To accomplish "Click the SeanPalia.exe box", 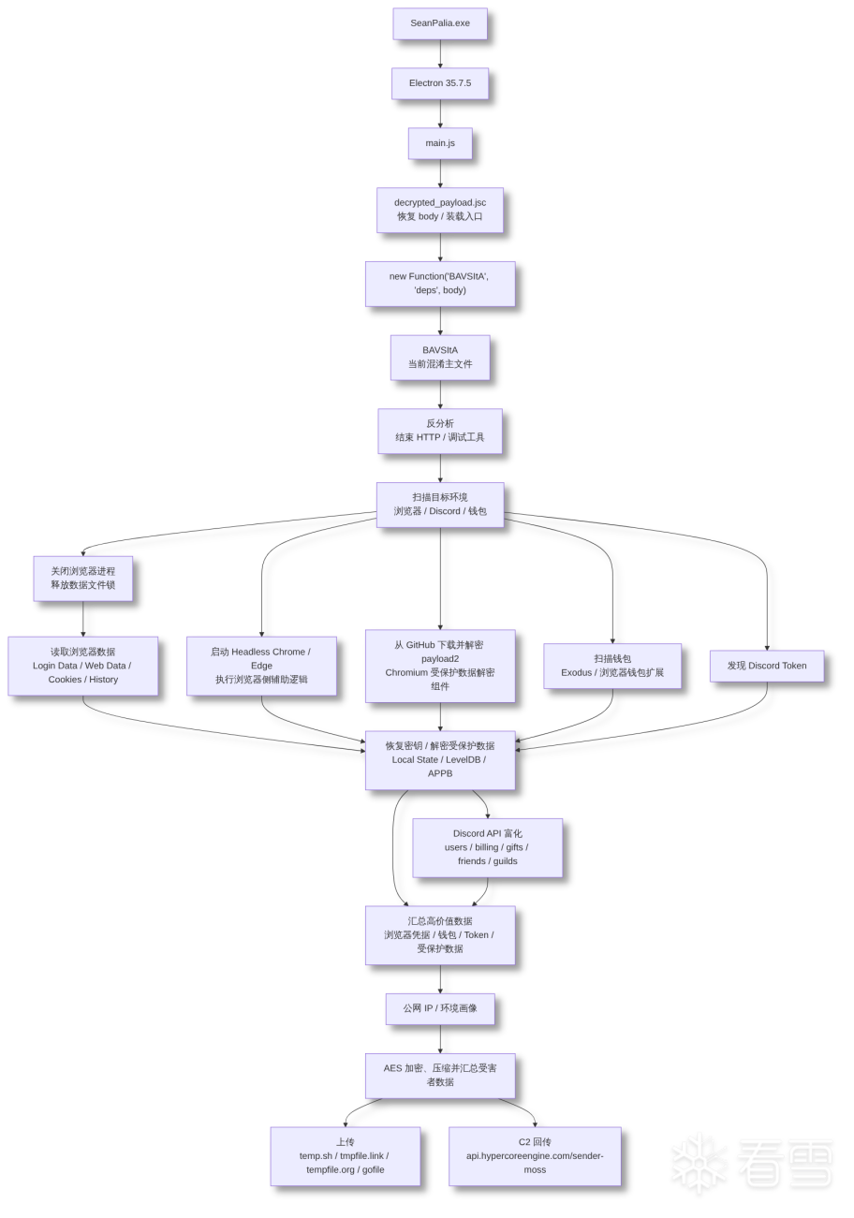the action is [440, 23].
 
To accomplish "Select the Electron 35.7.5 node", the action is [440, 83].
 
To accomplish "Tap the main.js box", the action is [440, 143].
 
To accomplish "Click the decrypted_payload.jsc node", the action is [440, 210].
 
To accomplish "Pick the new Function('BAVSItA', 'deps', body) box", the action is [440, 284].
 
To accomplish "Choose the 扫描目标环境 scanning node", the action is [440, 505].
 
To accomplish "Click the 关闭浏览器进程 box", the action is [83, 579].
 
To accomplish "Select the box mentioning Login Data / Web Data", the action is [83, 666].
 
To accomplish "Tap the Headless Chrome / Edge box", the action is [261, 666].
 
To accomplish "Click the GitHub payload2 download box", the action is [440, 666].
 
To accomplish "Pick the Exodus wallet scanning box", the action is [612, 666].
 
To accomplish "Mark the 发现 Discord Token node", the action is [767, 666].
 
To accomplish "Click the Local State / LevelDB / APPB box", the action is [440, 760].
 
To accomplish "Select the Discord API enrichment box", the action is [487, 847].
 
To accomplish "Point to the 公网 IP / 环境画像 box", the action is [440, 1009].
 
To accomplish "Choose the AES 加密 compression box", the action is [440, 1076].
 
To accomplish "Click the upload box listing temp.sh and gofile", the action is [346, 1156].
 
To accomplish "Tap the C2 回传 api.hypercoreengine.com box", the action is [535, 1156].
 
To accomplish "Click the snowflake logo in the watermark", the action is [699, 1164].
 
